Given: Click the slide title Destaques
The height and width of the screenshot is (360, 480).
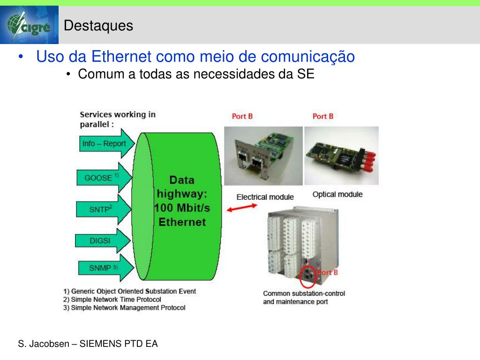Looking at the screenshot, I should (x=98, y=26).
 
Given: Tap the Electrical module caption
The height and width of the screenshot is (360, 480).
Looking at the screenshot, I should (x=265, y=197).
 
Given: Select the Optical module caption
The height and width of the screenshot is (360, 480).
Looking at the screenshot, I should (x=337, y=194).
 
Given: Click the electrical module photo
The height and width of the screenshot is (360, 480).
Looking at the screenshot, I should (x=263, y=156).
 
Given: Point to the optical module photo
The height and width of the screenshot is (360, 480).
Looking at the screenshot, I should (x=341, y=156).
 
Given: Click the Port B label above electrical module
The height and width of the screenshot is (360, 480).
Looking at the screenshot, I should (x=242, y=116).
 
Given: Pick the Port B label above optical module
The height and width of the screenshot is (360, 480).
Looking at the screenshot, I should (x=323, y=116).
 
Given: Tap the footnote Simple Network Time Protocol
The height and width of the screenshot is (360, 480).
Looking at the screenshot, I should (x=112, y=300).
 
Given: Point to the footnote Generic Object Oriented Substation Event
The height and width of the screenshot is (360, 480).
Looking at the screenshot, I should (x=130, y=291).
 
